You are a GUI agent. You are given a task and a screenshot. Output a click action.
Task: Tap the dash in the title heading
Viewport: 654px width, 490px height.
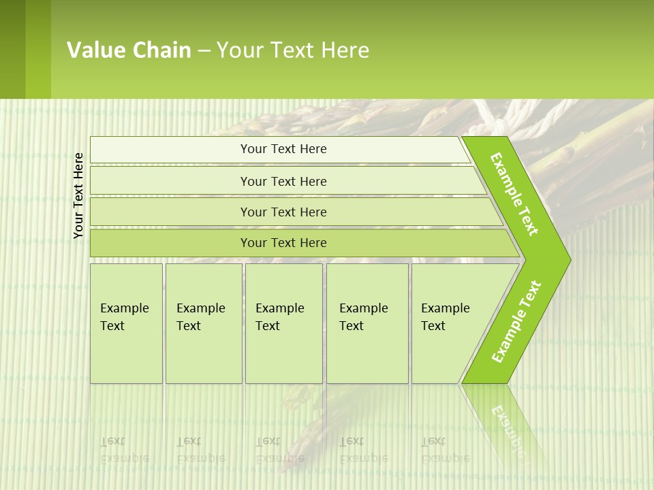pyautogui.click(x=204, y=51)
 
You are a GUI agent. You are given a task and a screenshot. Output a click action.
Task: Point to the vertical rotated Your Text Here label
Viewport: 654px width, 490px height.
pyautogui.click(x=78, y=196)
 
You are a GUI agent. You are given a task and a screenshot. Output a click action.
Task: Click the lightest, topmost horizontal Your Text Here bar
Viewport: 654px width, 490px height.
pyautogui.click(x=283, y=149)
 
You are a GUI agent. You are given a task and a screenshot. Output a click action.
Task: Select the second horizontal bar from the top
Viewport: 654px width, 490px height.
pyautogui.click(x=283, y=181)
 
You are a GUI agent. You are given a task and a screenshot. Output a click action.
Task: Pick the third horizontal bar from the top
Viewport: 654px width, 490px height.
pyautogui.click(x=283, y=212)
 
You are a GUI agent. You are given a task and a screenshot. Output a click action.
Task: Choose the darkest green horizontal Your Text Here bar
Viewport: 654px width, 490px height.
pyautogui.click(x=283, y=243)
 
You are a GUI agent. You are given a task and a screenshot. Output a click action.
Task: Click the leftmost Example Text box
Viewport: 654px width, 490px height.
pyautogui.click(x=126, y=323)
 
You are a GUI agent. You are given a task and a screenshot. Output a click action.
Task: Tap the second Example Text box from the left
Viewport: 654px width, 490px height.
pyautogui.click(x=203, y=323)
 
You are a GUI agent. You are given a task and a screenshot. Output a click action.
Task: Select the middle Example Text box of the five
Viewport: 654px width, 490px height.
pyautogui.click(x=283, y=323)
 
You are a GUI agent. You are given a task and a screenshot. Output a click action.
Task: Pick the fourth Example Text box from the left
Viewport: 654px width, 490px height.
pyautogui.click(x=367, y=323)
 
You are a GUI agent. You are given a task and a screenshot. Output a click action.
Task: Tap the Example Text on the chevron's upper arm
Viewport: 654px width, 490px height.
pyautogui.click(x=514, y=194)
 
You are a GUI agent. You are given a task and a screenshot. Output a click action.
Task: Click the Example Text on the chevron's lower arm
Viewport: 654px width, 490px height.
pyautogui.click(x=516, y=322)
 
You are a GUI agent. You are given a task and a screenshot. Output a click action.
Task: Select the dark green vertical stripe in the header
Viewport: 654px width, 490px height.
pyautogui.click(x=12, y=49)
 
